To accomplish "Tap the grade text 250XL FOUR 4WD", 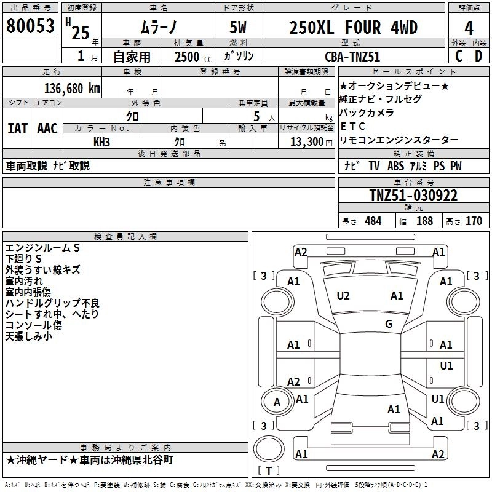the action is coord(353,28).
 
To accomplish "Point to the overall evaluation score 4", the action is coord(469,28).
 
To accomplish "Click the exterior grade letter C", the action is coord(458,55).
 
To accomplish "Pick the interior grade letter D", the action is coord(478,55).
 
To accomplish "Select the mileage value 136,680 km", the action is coord(72,88).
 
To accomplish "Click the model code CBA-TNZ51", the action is coord(352,56).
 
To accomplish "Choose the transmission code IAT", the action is coord(17,129).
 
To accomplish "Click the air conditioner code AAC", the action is coord(47,129).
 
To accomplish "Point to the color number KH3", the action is coord(101,141).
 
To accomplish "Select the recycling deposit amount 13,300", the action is coord(306,141).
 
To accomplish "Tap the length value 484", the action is coord(373,221).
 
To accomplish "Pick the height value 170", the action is coord(474,221).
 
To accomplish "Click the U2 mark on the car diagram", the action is coord(343,296).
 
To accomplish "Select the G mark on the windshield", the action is coord(388,324).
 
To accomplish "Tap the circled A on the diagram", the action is coord(277,402).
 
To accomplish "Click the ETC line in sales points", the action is coord(353,126).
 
